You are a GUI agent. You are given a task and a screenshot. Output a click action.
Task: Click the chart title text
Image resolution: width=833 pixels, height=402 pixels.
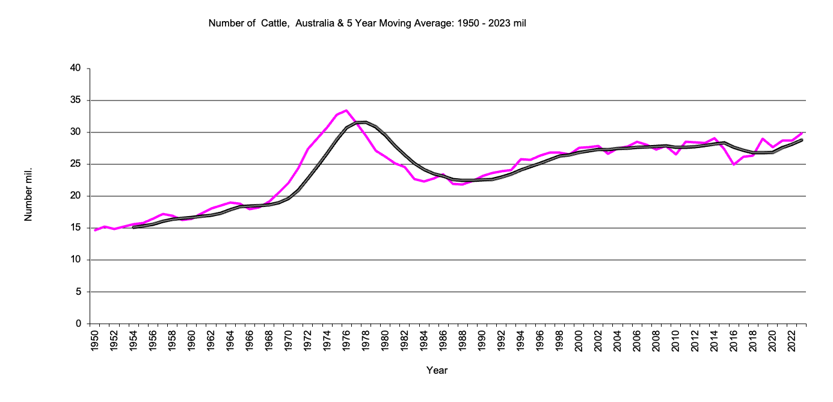click(x=367, y=23)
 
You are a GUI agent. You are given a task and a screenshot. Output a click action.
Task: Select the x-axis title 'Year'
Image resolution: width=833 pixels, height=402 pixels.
click(x=437, y=370)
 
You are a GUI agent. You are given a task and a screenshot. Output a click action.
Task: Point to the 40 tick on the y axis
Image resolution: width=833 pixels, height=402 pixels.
click(x=76, y=69)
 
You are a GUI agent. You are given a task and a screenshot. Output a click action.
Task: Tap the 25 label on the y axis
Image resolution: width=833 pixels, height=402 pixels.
click(x=76, y=164)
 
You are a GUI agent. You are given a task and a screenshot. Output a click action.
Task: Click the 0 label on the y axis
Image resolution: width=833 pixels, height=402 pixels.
click(x=79, y=324)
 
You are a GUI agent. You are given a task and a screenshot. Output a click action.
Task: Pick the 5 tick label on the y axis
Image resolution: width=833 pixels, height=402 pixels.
click(x=79, y=292)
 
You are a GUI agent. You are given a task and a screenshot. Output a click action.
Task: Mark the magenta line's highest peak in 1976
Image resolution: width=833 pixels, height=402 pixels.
click(x=346, y=111)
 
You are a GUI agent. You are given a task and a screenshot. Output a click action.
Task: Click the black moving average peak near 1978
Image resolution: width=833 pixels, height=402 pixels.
click(x=364, y=122)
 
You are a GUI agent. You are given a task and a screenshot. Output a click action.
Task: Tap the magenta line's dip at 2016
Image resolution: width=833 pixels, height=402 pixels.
click(x=734, y=164)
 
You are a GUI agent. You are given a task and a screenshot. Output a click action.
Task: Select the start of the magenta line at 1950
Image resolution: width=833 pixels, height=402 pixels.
click(x=95, y=230)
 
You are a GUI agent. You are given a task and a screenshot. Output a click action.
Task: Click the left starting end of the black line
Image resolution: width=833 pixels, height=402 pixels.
click(x=133, y=227)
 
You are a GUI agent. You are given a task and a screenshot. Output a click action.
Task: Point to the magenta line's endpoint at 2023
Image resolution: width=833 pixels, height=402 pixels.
click(x=802, y=133)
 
